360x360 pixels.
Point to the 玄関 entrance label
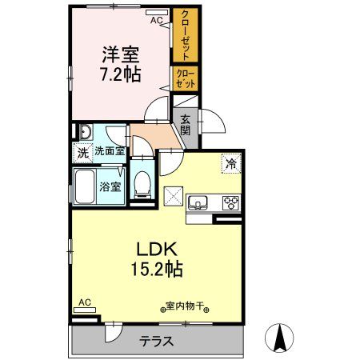pyautogui.click(x=186, y=125)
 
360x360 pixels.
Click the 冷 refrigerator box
pyautogui.click(x=231, y=164)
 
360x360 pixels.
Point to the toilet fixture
pyautogui.click(x=142, y=184)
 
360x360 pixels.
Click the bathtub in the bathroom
pyautogui.click(x=86, y=186)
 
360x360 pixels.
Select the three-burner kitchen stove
pyautogui.click(x=230, y=202)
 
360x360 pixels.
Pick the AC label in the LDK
pyautogui.click(x=84, y=302)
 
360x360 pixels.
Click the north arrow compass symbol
pyautogui.click(x=281, y=337)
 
